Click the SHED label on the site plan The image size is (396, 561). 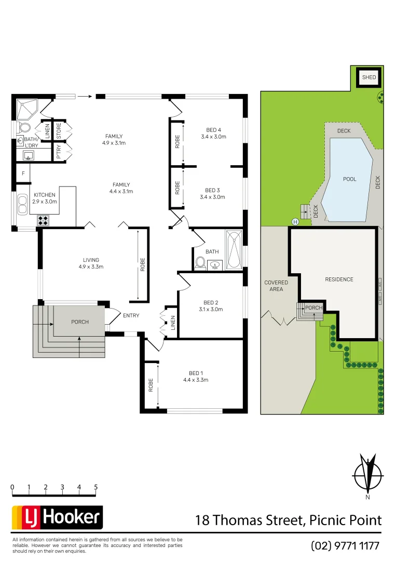[369, 77]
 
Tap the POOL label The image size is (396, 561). [350, 179]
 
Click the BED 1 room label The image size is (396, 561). [195, 377]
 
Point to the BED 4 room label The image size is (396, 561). [213, 133]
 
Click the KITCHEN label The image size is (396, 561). [45, 198]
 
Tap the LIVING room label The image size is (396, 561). [91, 263]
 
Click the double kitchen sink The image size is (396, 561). [23, 204]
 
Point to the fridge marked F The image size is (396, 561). [23, 173]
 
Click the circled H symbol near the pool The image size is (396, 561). [295, 222]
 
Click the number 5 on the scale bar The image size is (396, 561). [96, 487]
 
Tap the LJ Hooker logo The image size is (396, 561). [57, 517]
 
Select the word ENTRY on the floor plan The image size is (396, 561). [131, 315]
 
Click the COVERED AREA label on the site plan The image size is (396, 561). [276, 286]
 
